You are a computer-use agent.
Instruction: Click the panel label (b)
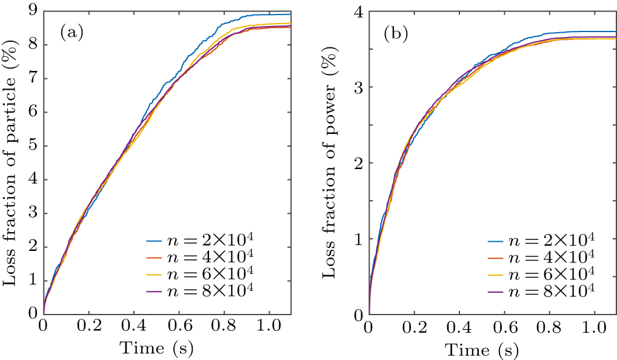pyautogui.click(x=396, y=34)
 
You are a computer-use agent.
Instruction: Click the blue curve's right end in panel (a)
pyautogui.click(x=290, y=14)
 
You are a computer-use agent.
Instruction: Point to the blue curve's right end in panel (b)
pyautogui.click(x=615, y=32)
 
